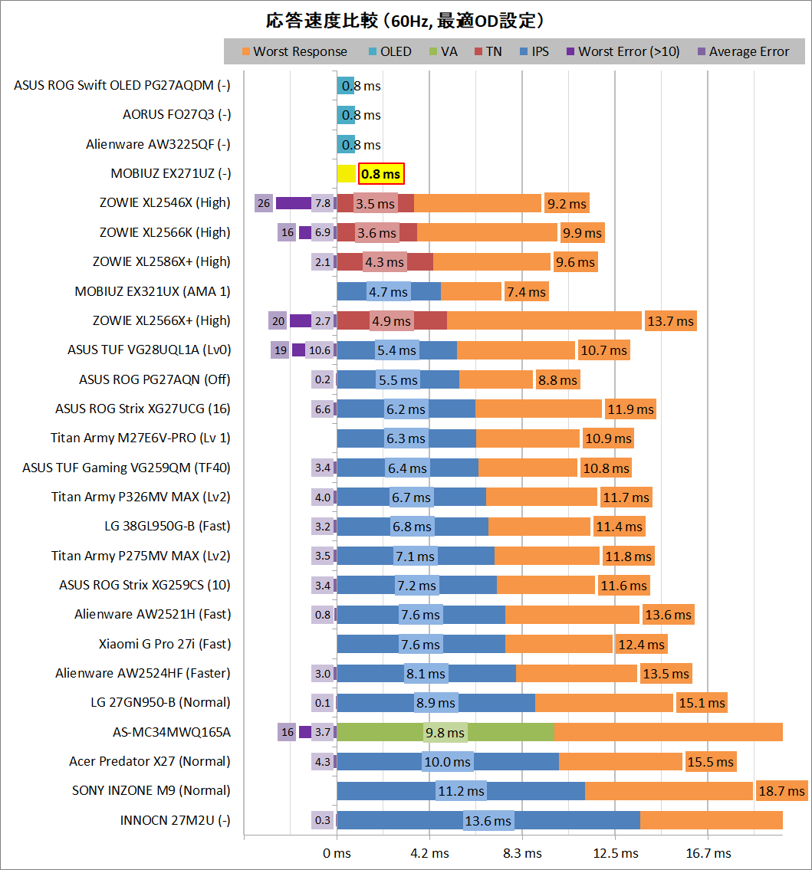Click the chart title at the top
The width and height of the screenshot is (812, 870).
pos(406,20)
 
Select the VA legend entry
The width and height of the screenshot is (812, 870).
pos(442,52)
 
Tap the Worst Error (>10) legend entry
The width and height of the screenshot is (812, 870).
pos(622,52)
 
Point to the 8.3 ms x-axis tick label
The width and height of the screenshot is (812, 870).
pos(522,853)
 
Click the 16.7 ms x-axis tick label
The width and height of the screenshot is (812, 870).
pos(708,853)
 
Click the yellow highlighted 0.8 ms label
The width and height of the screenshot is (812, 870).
pos(381,174)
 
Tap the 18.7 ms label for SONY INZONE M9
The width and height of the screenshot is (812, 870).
pos(781,791)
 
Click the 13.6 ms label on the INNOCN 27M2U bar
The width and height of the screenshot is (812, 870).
pos(488,821)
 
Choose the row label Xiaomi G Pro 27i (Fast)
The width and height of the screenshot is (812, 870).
pos(164,644)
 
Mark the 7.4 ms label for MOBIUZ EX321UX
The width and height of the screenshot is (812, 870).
pos(525,291)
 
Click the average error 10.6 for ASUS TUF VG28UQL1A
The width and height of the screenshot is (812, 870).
pos(319,350)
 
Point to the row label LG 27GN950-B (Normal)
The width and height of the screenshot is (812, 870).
pos(159,702)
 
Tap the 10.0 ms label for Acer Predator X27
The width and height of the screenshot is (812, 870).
pos(447,762)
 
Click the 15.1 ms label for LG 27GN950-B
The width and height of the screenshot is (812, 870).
pos(701,703)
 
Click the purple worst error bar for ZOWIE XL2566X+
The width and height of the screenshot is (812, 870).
pos(300,320)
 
